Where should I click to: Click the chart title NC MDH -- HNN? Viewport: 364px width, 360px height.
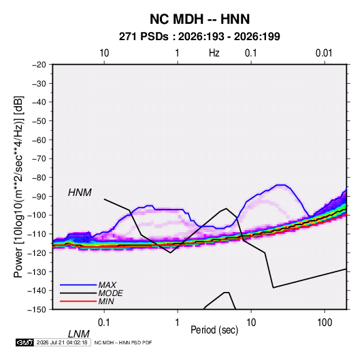coord(199,19)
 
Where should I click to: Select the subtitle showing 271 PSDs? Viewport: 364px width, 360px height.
coord(199,37)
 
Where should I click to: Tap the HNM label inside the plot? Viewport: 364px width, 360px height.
coord(80,193)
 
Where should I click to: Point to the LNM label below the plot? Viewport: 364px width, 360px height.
coord(79,334)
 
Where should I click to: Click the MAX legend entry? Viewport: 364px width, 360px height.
coord(107,284)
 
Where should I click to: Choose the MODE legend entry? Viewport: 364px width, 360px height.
coord(110,293)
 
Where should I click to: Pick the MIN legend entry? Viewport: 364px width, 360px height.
coord(106,301)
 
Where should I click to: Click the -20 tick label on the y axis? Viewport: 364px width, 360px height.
coord(39,65)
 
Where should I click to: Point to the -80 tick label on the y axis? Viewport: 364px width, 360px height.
coord(39,178)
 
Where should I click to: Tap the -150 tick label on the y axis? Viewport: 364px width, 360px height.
coord(37,310)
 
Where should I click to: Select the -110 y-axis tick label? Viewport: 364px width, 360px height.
coord(37,234)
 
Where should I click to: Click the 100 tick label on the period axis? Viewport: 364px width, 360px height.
coord(325,323)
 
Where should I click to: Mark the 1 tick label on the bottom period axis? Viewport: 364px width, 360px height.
coord(178,323)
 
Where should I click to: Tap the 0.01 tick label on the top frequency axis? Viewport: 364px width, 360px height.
coord(324,53)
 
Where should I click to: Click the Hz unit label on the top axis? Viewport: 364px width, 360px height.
coord(214,53)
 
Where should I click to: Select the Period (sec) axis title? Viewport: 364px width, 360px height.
coord(214,330)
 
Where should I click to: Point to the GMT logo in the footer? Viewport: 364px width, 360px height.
coord(24,342)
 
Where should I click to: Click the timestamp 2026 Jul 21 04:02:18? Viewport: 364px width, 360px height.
coord(62,342)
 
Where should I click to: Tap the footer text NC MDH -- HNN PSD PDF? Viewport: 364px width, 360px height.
coord(123,342)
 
